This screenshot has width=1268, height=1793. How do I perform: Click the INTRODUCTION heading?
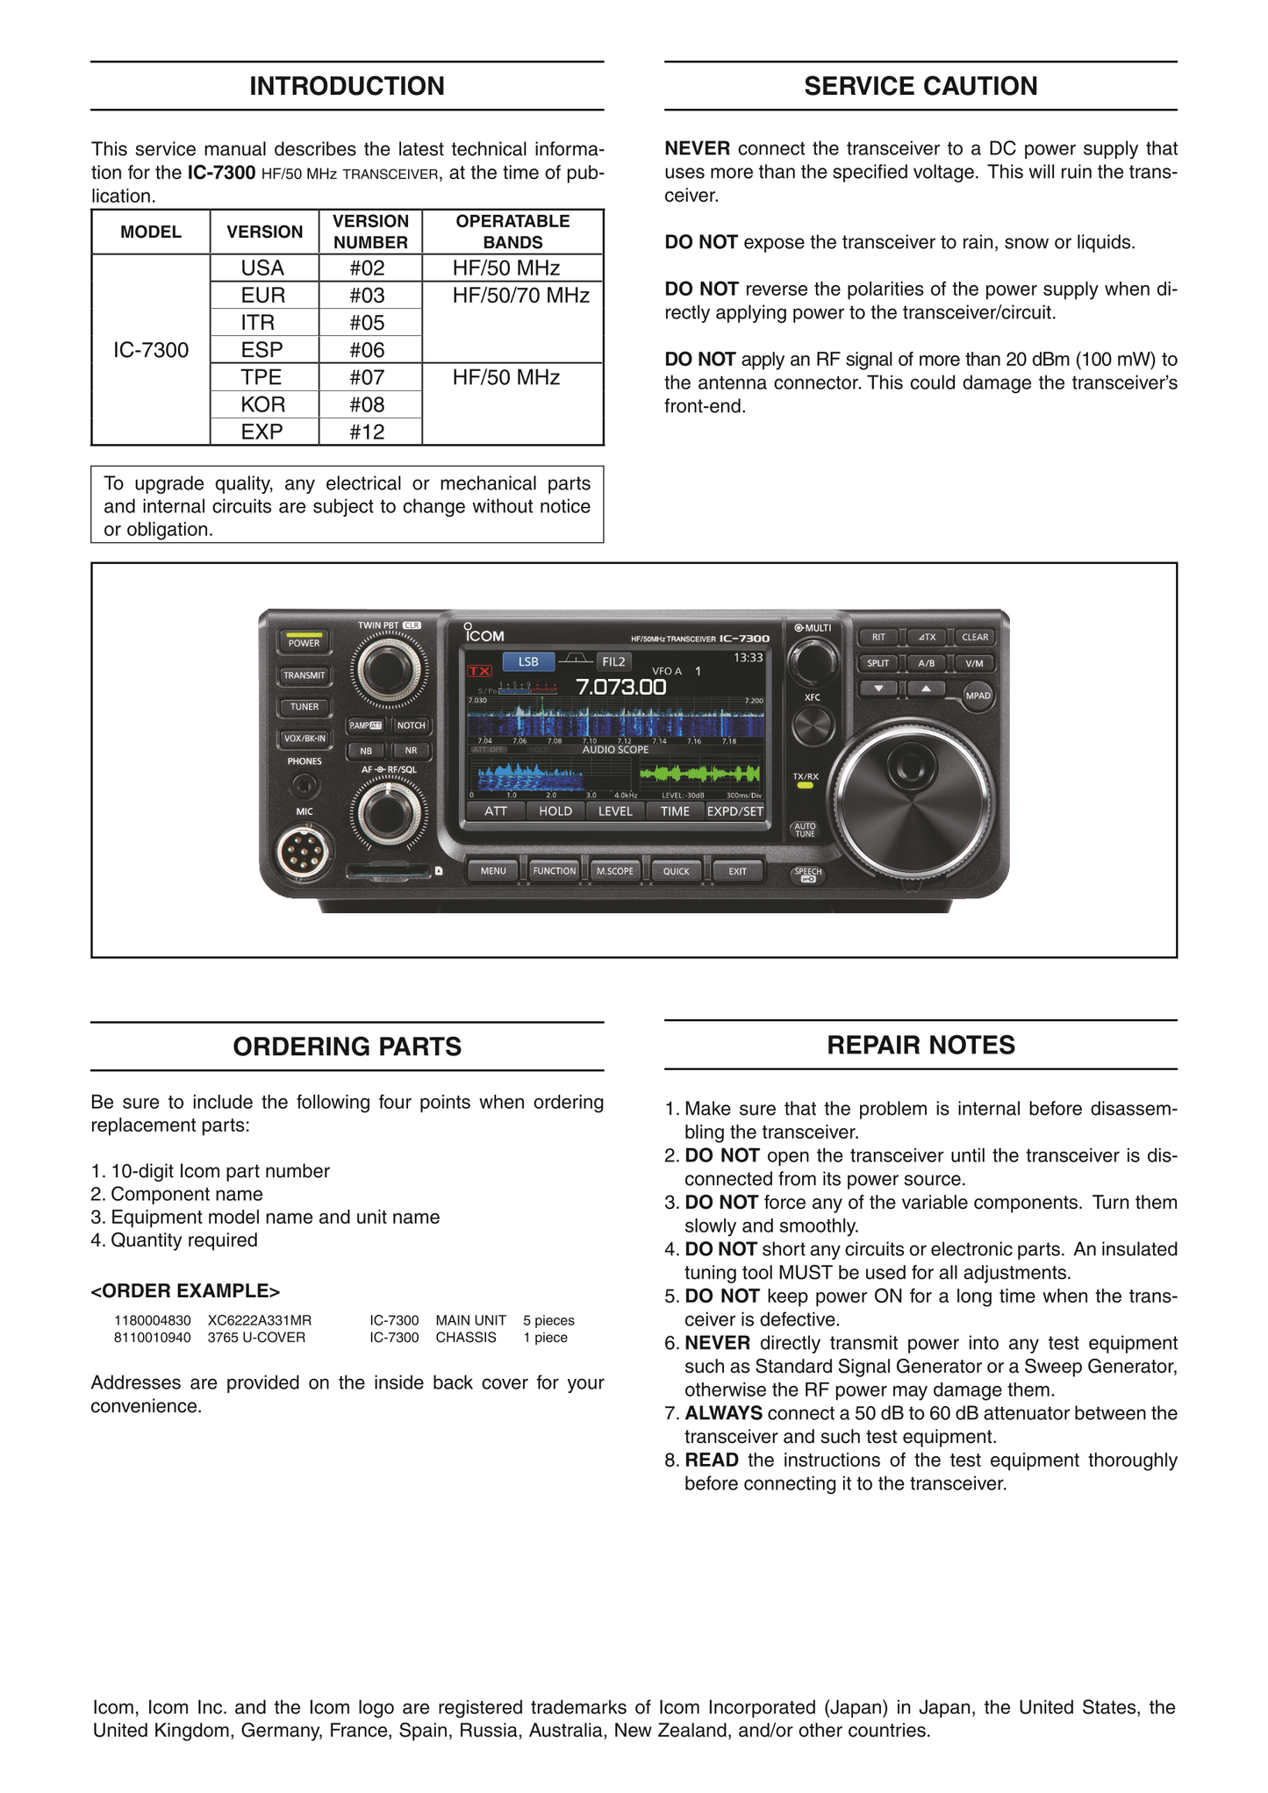pyautogui.click(x=347, y=86)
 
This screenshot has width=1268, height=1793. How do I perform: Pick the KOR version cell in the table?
pyautogui.click(x=263, y=404)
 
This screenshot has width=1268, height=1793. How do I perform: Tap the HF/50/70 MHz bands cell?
pyautogui.click(x=520, y=296)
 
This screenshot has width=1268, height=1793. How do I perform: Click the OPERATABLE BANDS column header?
pyautogui.click(x=512, y=232)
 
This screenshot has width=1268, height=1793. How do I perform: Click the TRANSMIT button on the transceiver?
pyautogui.click(x=304, y=675)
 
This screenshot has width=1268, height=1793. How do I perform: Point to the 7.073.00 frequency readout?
pyautogui.click(x=620, y=687)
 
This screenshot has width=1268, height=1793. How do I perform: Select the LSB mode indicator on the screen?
pyautogui.click(x=528, y=661)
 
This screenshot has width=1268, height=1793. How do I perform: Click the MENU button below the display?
pyautogui.click(x=493, y=871)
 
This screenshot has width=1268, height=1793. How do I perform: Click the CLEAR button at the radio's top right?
pyautogui.click(x=974, y=638)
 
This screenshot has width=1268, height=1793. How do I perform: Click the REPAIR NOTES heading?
pyautogui.click(x=921, y=1045)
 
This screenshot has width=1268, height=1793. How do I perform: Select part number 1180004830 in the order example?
pyautogui.click(x=153, y=1320)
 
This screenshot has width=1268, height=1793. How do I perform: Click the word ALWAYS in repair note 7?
pyautogui.click(x=723, y=1413)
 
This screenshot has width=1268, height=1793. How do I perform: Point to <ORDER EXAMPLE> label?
pyautogui.click(x=185, y=1291)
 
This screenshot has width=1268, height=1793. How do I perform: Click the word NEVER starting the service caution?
pyautogui.click(x=697, y=149)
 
